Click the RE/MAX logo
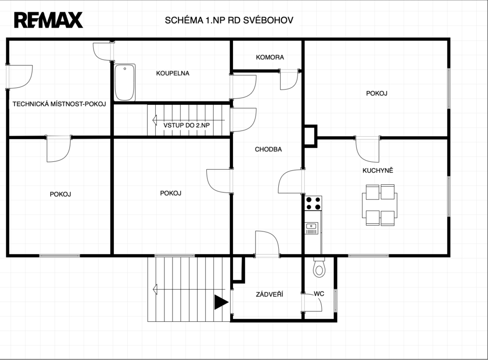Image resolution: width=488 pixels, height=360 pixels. (48, 20)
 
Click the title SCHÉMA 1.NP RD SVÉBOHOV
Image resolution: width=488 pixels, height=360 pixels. (229, 20)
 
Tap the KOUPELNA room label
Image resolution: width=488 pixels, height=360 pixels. (173, 73)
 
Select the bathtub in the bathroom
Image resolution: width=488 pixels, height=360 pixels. (125, 82)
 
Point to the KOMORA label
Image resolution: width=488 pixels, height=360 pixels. (270, 57)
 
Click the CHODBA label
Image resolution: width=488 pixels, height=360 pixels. (268, 149)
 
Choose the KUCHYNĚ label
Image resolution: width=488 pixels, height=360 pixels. (378, 170)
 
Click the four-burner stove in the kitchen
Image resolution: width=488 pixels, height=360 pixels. (313, 203)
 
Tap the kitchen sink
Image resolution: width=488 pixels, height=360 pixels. (312, 228)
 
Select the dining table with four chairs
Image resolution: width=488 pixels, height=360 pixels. (380, 205)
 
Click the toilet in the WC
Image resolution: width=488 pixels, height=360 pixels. (319, 267)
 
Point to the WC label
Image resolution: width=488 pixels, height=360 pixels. (319, 294)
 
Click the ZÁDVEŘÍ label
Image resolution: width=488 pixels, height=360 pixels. (270, 294)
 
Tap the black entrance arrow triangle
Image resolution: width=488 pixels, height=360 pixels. (222, 302)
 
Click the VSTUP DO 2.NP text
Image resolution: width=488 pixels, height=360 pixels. (186, 125)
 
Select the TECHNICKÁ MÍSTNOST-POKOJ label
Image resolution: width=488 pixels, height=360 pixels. (59, 104)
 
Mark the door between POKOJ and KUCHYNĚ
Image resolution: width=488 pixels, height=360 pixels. (367, 149)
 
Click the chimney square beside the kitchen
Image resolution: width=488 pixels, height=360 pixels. (311, 136)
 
